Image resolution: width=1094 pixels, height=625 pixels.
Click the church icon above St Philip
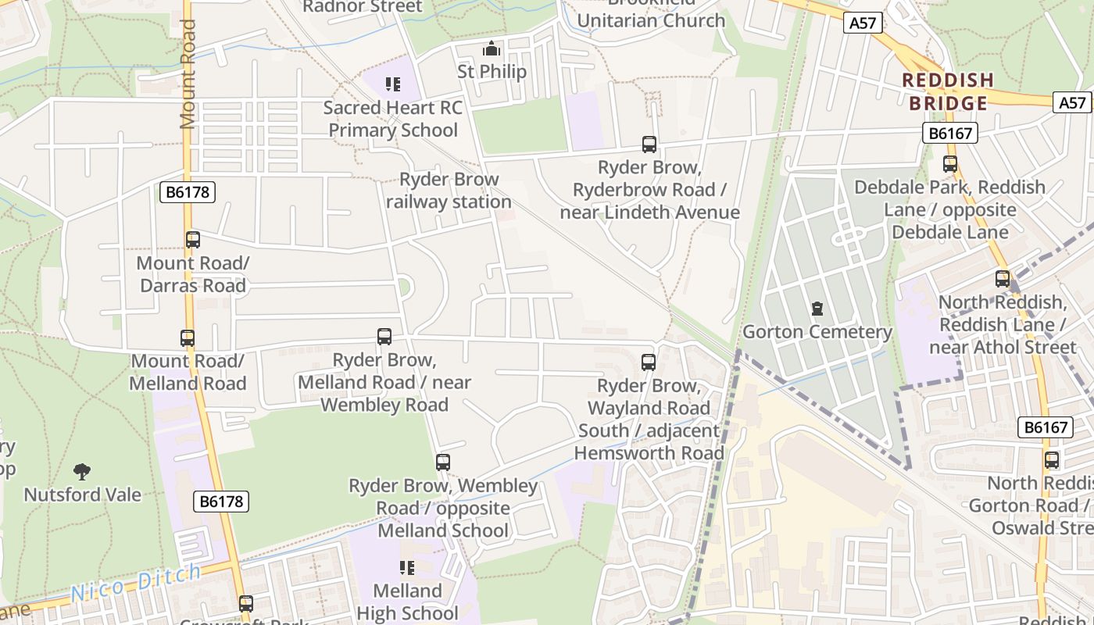click(492, 49)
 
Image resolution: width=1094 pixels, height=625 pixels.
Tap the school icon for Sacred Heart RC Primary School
click(393, 84)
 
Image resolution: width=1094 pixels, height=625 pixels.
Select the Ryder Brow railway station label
click(449, 191)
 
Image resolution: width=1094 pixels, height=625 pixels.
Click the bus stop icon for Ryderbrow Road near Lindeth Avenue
click(649, 144)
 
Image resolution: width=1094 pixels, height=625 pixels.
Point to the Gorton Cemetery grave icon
click(817, 309)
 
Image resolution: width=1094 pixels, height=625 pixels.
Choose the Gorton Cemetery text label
click(817, 332)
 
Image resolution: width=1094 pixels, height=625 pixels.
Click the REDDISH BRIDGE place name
click(948, 91)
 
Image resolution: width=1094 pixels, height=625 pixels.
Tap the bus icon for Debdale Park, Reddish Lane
click(950, 164)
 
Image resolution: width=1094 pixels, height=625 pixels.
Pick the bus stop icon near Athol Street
click(1003, 278)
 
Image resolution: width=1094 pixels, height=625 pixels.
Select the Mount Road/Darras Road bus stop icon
click(193, 240)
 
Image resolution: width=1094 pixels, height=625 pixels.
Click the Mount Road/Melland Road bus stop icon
click(188, 338)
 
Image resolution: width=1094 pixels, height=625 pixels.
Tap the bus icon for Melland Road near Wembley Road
click(384, 337)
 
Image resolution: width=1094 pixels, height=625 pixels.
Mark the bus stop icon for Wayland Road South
click(649, 362)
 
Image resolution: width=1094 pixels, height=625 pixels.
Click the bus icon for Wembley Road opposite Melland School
click(443, 462)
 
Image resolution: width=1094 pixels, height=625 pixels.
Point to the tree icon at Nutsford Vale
click(82, 471)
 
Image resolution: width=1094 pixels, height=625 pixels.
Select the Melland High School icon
click(407, 567)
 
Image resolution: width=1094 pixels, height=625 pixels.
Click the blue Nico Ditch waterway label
click(136, 584)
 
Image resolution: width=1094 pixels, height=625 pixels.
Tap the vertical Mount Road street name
click(188, 74)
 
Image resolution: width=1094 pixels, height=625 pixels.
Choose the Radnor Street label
click(362, 7)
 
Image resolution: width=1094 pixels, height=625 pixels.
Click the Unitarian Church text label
click(651, 20)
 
